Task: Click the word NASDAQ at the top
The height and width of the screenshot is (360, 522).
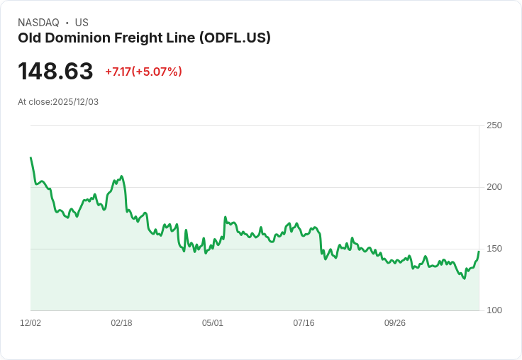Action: tap(38, 23)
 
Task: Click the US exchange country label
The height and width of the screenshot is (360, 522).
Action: tap(82, 23)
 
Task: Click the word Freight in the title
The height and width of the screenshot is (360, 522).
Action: tap(146, 38)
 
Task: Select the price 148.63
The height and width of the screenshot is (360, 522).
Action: tap(55, 72)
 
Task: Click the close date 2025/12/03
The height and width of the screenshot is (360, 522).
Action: tap(75, 102)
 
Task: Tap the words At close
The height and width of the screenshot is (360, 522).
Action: tap(35, 102)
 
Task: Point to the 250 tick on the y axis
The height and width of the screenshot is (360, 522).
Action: tap(494, 125)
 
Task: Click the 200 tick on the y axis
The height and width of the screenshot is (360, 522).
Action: tap(494, 187)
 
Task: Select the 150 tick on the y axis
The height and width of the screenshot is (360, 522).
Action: tap(494, 249)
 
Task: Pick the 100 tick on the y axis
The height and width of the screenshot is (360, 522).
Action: tap(494, 310)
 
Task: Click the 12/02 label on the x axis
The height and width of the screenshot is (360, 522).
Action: tap(30, 323)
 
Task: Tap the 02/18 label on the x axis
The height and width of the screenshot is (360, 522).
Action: tap(121, 323)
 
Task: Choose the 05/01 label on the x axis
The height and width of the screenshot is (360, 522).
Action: tap(213, 323)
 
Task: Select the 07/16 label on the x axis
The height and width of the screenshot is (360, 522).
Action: tap(304, 323)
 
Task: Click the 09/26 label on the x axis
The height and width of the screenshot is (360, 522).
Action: tap(395, 323)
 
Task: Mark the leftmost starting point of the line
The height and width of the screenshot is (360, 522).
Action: tap(30, 158)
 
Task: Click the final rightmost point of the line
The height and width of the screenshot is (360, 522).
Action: tap(479, 251)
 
